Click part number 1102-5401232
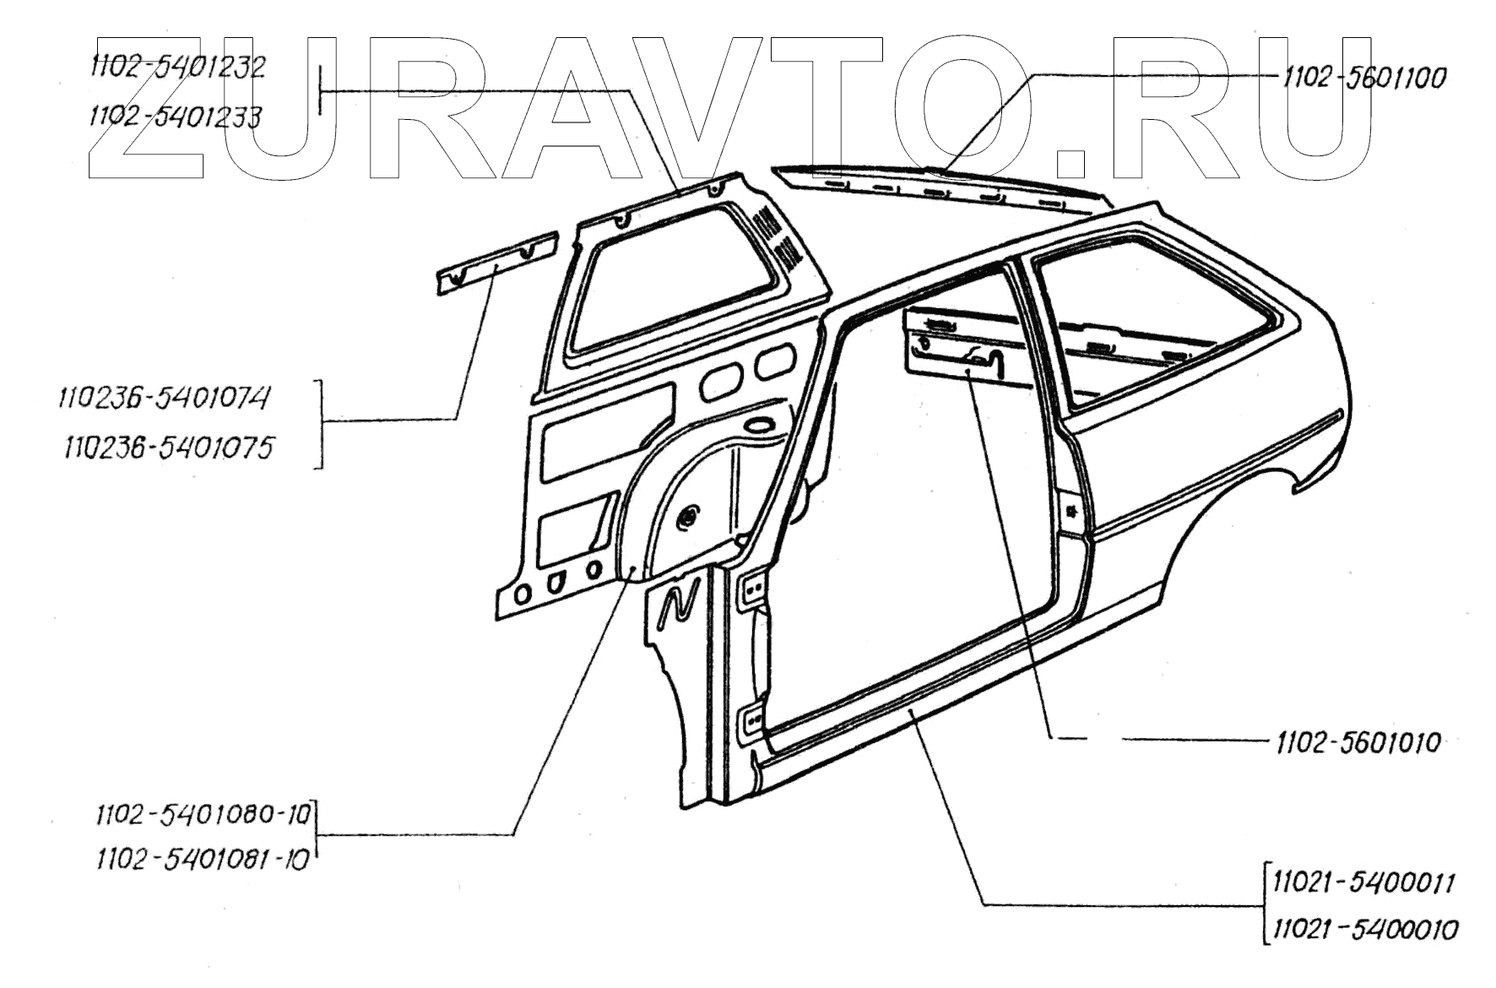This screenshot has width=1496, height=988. pos(176,68)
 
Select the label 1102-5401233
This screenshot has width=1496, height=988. pos(175,117)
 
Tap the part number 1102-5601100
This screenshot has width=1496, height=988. pos(1363,78)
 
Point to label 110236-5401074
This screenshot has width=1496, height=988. pos(164,397)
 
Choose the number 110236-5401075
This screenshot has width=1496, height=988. pos(169,448)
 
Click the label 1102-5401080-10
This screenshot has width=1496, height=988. pos(203,815)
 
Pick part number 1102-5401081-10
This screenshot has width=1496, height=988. pos(203,860)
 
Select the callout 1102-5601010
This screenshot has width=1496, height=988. pos(1358,743)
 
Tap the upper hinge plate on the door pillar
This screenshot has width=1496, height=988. pos(753,588)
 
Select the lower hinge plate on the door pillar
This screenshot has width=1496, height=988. pos(751,724)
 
